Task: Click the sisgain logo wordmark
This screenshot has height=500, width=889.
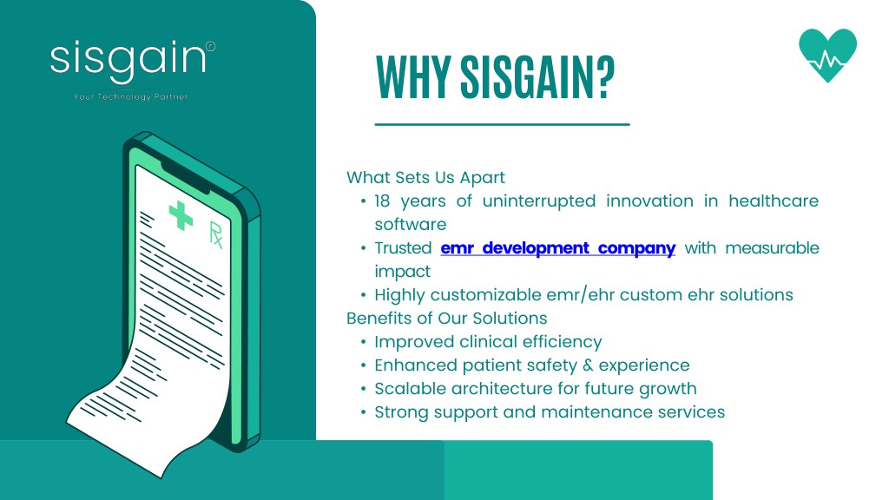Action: click(128, 62)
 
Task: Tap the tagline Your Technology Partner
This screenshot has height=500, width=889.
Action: click(131, 97)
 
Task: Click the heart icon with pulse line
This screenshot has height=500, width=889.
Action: click(827, 55)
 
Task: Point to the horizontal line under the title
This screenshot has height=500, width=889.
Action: click(503, 124)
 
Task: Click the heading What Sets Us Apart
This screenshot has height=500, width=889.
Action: click(425, 177)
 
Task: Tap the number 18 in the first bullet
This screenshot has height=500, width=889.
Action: click(382, 201)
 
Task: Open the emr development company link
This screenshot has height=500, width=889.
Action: click(558, 248)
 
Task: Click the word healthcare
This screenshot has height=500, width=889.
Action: click(774, 201)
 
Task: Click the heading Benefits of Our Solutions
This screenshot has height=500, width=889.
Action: click(447, 318)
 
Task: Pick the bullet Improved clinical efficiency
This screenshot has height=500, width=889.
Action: click(488, 342)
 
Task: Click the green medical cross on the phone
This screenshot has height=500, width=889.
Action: click(181, 215)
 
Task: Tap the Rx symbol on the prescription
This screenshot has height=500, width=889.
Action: click(216, 234)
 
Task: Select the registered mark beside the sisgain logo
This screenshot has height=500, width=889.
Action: click(210, 47)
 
